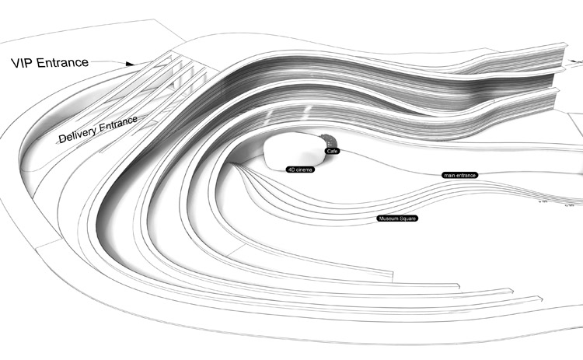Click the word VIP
[x=24, y=63]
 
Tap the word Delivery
[x=78, y=134]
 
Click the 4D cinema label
[x=298, y=170]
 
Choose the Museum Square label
[x=398, y=219]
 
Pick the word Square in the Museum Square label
[x=409, y=219]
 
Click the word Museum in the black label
[x=388, y=219]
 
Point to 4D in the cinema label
[x=290, y=170]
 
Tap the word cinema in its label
[x=302, y=170]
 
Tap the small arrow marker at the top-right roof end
[x=576, y=49]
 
